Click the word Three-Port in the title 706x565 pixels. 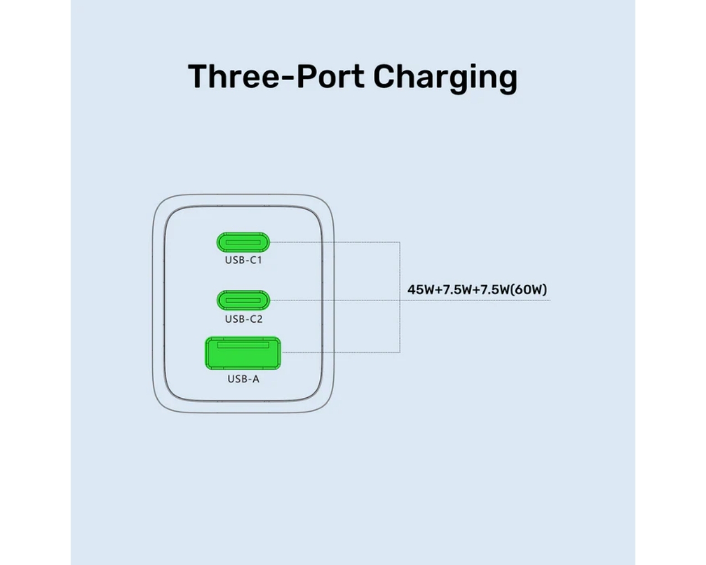(276, 76)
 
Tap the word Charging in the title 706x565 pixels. (446, 79)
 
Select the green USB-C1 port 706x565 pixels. (243, 242)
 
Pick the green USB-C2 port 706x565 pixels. (243, 300)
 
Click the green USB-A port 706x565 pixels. (243, 353)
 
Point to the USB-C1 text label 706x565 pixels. (243, 260)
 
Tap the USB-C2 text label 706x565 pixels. (244, 319)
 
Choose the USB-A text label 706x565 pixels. (243, 379)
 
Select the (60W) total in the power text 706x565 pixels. (529, 290)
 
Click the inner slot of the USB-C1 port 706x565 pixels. (243, 242)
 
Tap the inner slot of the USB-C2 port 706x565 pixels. (243, 300)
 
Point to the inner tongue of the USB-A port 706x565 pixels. (243, 345)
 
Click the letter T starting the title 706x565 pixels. (197, 76)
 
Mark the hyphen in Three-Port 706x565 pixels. (287, 79)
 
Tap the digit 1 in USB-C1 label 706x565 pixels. (259, 260)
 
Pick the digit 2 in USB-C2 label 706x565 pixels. (259, 319)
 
